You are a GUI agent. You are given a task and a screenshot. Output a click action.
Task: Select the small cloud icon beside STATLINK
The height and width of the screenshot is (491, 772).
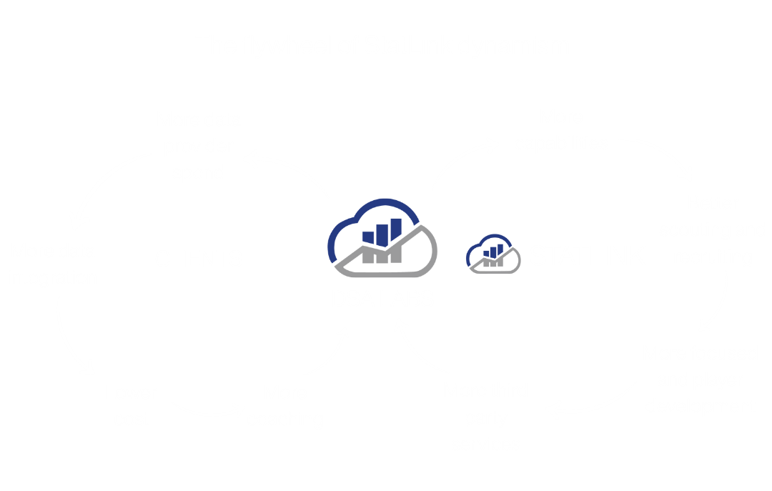tap(493, 254)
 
